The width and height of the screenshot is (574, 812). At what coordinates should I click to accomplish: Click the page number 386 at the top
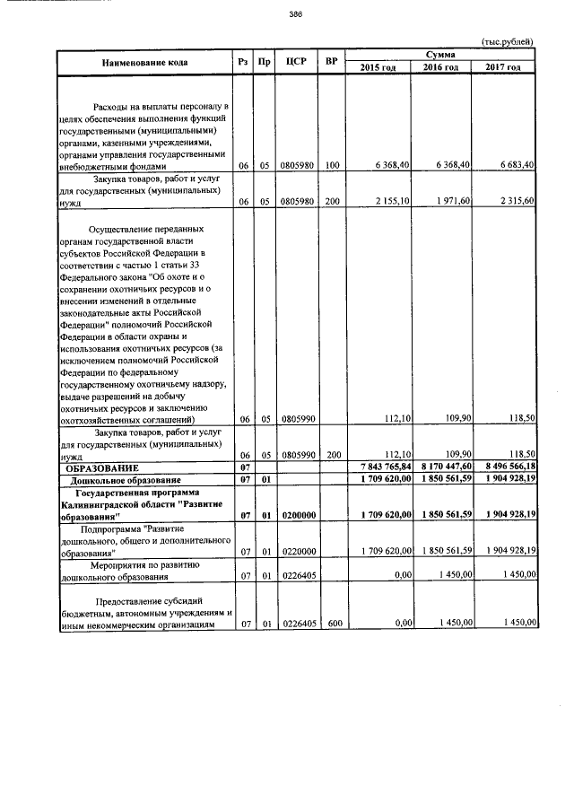pos(295,13)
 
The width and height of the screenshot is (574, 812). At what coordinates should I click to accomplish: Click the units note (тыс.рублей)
pos(508,42)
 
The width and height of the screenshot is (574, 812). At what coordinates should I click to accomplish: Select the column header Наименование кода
pos(144,62)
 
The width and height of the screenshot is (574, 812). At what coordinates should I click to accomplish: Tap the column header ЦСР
pos(296,62)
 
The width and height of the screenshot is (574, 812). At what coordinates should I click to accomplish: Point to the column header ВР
pos(332,62)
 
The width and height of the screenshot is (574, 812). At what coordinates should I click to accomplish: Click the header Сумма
pos(441,56)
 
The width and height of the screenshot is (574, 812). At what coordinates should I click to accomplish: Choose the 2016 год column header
pos(440,68)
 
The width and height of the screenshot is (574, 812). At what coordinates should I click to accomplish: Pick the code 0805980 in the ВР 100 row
pos(296,165)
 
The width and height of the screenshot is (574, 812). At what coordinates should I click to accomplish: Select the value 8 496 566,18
pos(507,467)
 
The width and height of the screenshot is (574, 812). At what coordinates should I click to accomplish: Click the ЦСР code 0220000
pos(296,550)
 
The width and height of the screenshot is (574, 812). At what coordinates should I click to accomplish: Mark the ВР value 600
pos(332,622)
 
